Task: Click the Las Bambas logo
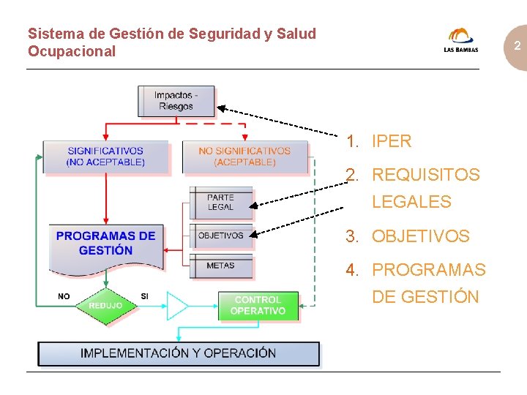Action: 461,40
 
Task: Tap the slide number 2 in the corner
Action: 517,46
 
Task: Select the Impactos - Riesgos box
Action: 176,101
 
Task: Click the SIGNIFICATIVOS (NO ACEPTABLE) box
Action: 105,157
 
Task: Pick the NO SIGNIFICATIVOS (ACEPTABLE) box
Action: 244,157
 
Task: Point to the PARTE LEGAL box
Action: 221,203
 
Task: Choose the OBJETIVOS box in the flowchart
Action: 221,236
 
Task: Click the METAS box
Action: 221,266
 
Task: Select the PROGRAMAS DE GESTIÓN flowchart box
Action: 106,245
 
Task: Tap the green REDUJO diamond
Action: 105,305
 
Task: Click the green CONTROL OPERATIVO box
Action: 258,306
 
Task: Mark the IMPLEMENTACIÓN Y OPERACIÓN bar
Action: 179,353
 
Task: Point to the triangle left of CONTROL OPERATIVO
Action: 176,306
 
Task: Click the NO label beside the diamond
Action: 64,296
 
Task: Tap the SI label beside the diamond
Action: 145,296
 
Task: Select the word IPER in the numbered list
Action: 392,141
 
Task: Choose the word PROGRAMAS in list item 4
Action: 428,270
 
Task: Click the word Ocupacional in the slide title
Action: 72,51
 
